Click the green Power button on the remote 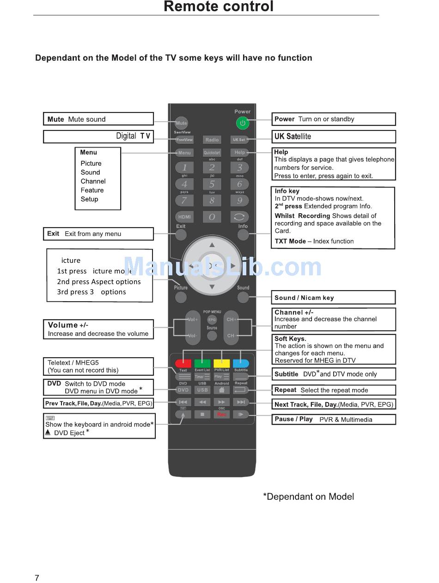(x=242, y=123)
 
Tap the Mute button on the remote (x=181, y=123)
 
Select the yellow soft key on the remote (x=222, y=364)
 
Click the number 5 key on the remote (x=212, y=184)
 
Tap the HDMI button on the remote (x=184, y=217)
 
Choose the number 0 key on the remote (x=212, y=217)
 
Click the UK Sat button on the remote (x=239, y=140)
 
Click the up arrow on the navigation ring (x=212, y=245)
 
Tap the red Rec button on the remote (x=222, y=415)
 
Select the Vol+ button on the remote (x=192, y=319)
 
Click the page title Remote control (x=219, y=6)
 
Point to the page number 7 (x=37, y=577)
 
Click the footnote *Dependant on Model (x=308, y=496)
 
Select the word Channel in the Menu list (x=93, y=181)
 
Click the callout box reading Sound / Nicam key (x=333, y=298)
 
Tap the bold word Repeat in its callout (x=285, y=390)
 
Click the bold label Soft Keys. (x=290, y=339)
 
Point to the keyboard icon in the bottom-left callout (x=50, y=418)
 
